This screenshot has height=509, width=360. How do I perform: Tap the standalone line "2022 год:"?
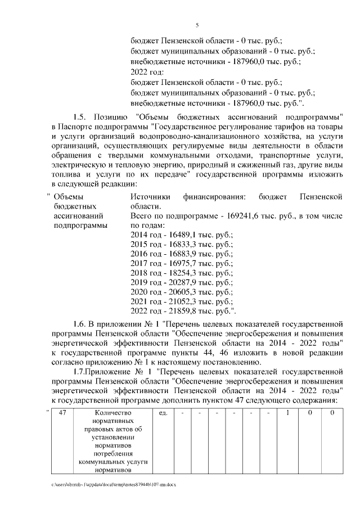(147, 72)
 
